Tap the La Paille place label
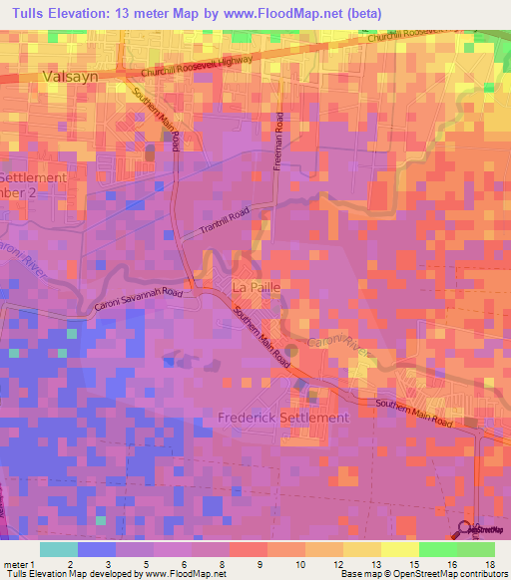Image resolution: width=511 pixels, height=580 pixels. (x=255, y=287)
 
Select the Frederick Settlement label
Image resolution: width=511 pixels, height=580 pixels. (x=283, y=418)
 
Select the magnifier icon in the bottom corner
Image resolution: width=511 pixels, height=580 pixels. (x=466, y=528)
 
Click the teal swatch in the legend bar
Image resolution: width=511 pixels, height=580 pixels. (x=59, y=549)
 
